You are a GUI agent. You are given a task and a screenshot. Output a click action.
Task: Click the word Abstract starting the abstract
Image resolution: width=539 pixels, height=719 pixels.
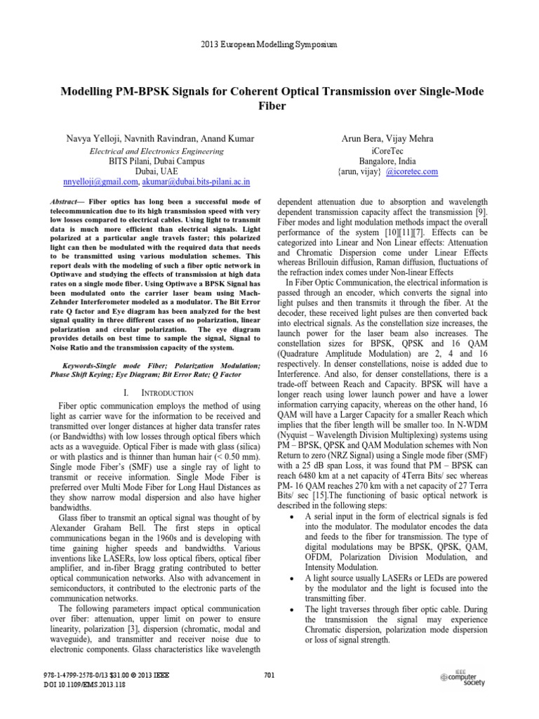[65, 202]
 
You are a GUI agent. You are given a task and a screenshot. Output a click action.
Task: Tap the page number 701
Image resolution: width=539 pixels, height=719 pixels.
[269, 675]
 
